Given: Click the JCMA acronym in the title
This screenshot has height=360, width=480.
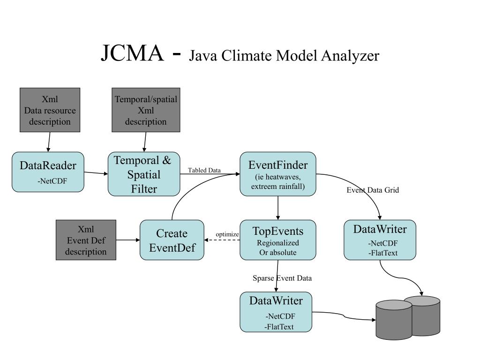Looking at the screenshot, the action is point(132,53).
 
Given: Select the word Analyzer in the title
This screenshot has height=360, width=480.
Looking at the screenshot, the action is point(350,56).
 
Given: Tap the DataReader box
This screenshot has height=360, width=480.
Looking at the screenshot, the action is point(48,172).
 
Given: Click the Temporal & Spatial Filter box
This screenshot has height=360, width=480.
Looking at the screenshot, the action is point(144,174).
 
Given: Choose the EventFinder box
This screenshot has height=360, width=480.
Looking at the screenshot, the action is point(278,174).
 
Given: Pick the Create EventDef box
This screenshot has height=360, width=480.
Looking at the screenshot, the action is point(172,240).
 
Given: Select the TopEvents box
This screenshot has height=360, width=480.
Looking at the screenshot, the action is point(278,240).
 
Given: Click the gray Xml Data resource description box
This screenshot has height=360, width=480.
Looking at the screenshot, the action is point(50,110).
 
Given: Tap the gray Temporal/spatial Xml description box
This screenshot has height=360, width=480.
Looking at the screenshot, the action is point(146,110).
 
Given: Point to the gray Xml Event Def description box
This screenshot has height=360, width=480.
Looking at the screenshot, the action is point(86,240).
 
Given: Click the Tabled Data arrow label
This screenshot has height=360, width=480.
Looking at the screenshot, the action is point(204,170).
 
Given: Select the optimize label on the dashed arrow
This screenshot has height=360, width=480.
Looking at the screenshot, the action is point(227,234).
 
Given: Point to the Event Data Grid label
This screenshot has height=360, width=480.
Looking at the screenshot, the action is point(373,190).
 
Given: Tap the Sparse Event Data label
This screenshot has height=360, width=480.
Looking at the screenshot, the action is point(282,278).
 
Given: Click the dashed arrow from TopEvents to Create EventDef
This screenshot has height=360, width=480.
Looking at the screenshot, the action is point(222,240).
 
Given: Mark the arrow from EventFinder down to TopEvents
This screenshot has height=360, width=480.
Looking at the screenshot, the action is point(278,208).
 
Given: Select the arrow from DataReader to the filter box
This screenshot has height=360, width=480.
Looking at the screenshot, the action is point(96,173).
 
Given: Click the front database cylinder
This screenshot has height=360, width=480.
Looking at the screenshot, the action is point(394,320).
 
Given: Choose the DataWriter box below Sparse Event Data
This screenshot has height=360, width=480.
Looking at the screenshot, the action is point(276,312).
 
